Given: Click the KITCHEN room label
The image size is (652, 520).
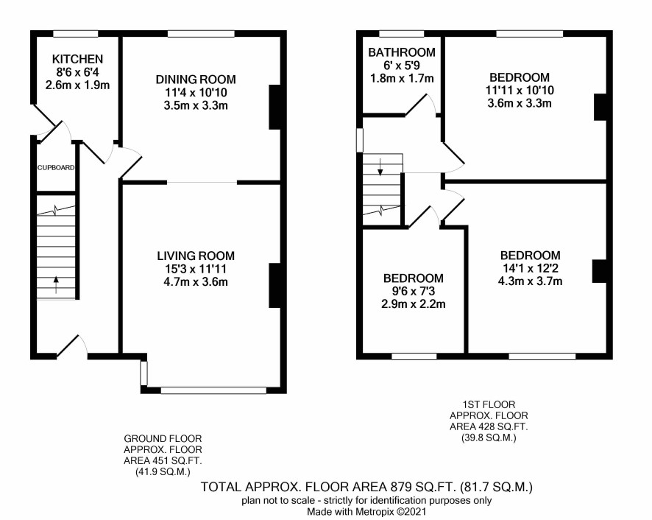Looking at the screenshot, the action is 77,59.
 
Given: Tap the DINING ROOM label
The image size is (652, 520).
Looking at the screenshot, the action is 196,80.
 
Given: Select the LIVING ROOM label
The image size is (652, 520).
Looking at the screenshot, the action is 196,256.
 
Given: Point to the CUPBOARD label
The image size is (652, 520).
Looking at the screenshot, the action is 56,168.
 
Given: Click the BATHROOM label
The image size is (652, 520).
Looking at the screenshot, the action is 402,52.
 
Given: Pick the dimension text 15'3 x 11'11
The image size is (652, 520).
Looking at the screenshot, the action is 196,269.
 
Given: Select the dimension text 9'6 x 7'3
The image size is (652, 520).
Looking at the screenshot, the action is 414,291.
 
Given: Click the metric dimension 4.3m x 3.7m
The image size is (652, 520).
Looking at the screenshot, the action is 530,281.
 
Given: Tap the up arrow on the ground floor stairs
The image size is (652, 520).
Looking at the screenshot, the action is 57,285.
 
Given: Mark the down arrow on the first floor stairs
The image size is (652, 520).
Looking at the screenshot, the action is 380,166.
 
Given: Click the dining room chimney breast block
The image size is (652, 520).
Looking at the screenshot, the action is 274,108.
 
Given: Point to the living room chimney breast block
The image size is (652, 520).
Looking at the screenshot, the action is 274,286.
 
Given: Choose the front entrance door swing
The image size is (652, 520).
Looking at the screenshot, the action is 72,345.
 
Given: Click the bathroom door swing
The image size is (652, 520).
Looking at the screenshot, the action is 421,104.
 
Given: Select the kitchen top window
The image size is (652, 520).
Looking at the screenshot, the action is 76,34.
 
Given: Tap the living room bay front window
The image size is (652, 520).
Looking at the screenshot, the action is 213,390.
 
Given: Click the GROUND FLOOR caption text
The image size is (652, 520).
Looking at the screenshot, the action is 163,439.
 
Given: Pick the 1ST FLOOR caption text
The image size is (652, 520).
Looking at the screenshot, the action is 489,404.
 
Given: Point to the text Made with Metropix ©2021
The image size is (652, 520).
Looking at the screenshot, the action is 366,512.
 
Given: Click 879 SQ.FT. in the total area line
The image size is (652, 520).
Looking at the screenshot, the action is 423,487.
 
